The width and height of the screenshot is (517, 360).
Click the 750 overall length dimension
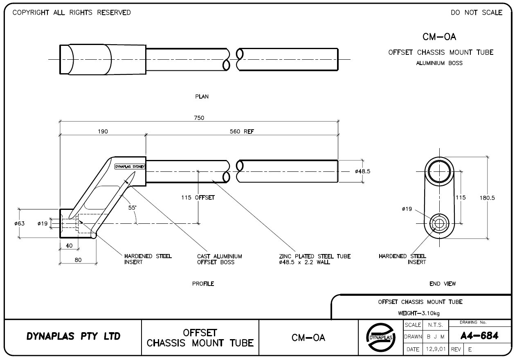click(x=199, y=118)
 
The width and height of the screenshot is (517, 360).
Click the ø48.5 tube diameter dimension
click(x=362, y=171)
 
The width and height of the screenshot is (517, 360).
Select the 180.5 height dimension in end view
click(x=487, y=198)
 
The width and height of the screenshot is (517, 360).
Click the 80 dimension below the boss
click(x=78, y=259)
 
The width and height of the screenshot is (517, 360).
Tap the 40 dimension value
click(x=69, y=245)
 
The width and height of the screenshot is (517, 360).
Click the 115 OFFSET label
click(x=198, y=198)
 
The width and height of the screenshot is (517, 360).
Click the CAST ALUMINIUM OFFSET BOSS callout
click(x=219, y=259)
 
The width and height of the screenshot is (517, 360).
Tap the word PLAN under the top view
click(x=202, y=97)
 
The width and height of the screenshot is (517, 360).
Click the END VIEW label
click(x=443, y=283)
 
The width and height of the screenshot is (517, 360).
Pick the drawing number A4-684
click(x=479, y=336)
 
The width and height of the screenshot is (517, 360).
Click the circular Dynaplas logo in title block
click(x=380, y=337)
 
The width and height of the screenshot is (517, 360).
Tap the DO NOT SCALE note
click(x=477, y=13)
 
